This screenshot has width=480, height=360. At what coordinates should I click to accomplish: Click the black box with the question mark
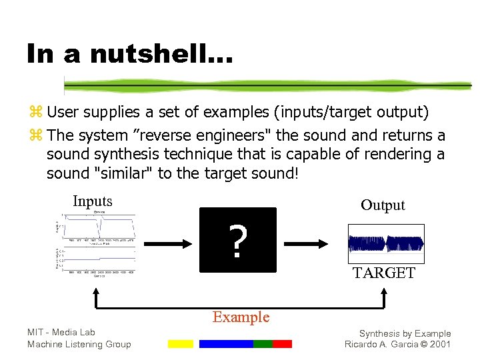(237, 240)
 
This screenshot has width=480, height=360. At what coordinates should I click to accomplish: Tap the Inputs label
(93, 201)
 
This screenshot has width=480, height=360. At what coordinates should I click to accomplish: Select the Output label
(383, 205)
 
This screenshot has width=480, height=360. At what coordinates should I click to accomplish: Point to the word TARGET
(384, 273)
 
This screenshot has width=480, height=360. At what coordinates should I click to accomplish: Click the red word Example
(241, 317)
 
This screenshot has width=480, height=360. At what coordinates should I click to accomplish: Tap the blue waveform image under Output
(386, 243)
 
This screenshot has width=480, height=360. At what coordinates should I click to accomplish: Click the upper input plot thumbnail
(97, 227)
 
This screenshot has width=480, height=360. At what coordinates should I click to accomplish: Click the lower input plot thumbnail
(97, 260)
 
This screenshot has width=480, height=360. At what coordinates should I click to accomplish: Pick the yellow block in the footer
(180, 344)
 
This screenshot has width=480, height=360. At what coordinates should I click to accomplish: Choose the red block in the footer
(282, 344)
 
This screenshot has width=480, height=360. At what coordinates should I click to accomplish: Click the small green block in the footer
(263, 344)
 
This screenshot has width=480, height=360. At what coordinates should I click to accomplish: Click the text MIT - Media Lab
(61, 332)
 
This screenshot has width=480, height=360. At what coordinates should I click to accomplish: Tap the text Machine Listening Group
(79, 344)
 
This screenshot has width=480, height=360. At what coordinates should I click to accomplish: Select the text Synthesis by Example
(405, 333)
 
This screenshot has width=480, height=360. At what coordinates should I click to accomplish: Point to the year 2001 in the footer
(440, 345)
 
